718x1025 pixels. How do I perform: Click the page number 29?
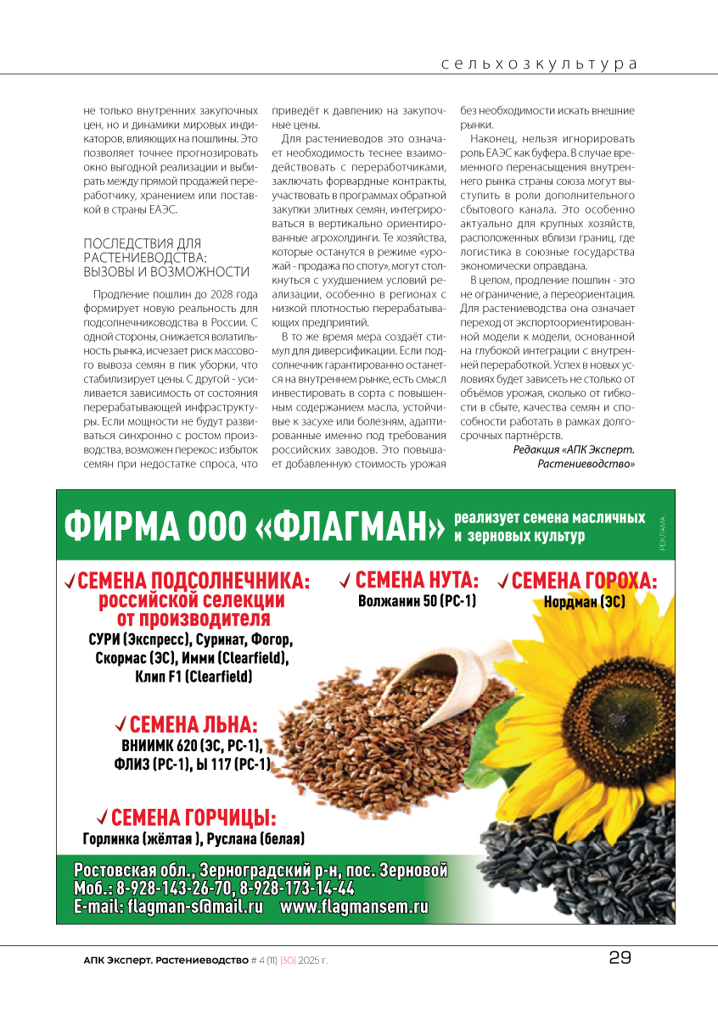point(620,958)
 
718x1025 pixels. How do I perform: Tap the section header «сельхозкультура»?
point(539,64)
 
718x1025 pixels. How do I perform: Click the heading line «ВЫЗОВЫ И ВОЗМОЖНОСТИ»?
point(166,272)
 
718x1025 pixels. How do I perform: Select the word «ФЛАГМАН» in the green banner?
point(351,527)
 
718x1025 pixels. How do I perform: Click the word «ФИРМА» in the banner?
point(118,527)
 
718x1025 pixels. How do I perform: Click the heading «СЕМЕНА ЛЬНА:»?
point(193,725)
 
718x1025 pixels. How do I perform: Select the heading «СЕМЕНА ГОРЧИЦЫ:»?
point(194,818)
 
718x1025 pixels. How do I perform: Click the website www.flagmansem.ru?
point(354,907)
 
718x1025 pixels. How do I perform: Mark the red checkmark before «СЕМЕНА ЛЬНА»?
point(121,724)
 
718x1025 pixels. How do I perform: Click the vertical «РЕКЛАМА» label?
point(662,533)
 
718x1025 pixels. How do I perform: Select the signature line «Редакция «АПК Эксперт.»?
point(574,449)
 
